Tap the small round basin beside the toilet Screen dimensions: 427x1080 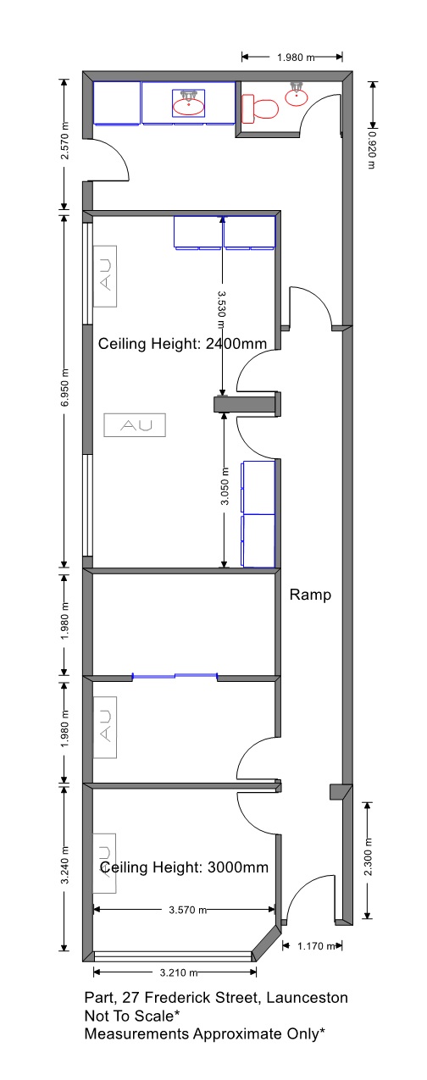297,95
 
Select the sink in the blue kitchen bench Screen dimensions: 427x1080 189,103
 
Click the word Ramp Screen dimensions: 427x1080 310,595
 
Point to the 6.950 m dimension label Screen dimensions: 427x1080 65,387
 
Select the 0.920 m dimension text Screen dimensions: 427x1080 371,150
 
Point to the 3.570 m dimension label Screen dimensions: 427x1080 188,910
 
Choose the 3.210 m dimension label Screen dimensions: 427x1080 179,972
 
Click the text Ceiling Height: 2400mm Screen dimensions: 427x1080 182,344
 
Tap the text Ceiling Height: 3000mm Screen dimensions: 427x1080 184,867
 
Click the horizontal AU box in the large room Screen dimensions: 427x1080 135,425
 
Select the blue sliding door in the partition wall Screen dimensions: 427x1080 175,677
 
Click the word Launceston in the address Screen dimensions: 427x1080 307,997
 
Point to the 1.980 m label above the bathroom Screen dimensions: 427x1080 296,58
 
